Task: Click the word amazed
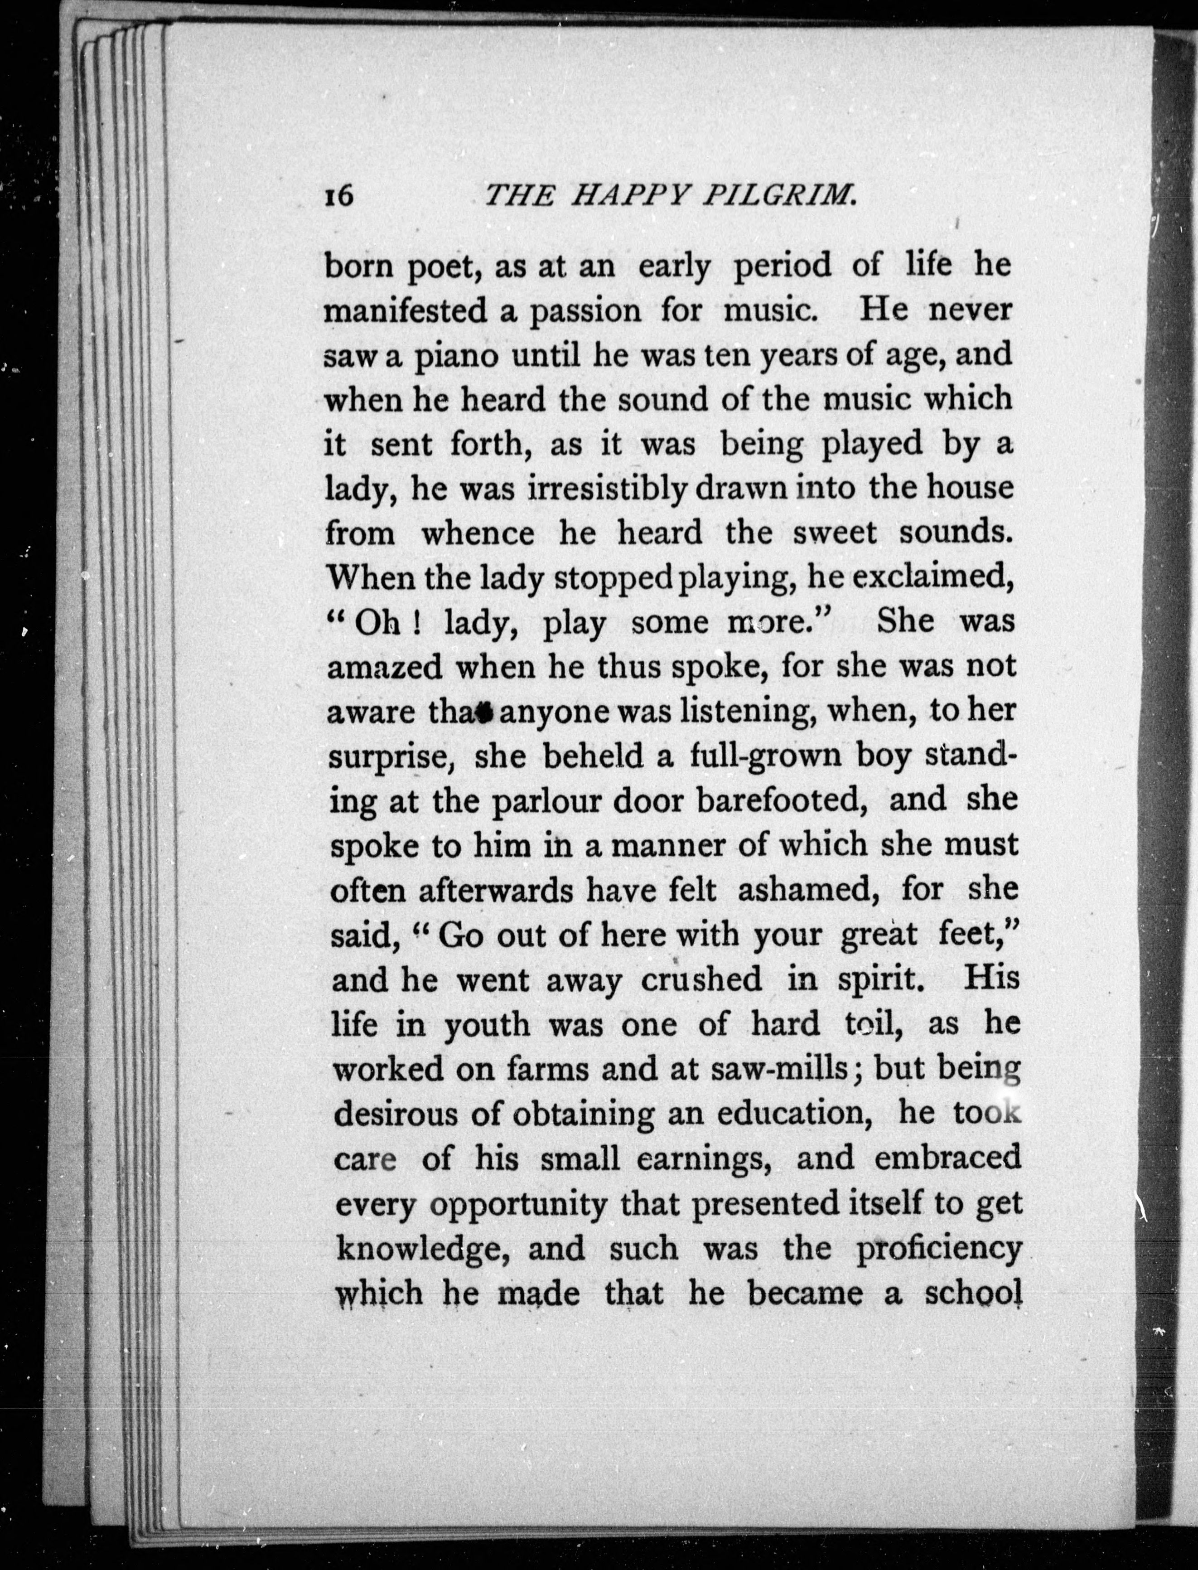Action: [385, 669]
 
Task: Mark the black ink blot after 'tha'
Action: [485, 712]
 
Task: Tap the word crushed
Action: [701, 979]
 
